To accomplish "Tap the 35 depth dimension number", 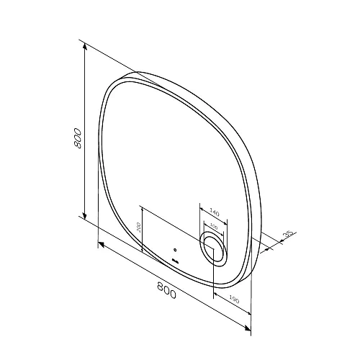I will tap(289, 234).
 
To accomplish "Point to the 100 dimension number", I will tap(213, 225).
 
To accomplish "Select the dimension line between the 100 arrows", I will tap(214, 228).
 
